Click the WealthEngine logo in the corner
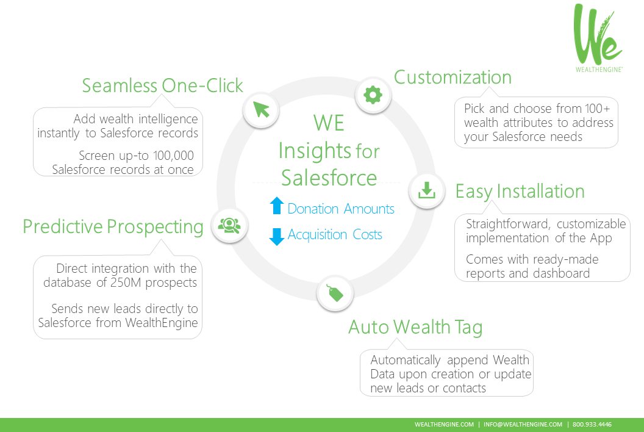(x=598, y=38)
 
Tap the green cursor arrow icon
(x=261, y=110)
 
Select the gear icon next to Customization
(x=373, y=95)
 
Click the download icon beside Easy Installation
(x=426, y=191)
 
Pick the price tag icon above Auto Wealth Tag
(x=335, y=293)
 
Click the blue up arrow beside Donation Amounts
(x=277, y=206)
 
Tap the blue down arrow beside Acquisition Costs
(x=277, y=236)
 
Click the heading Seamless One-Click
(x=163, y=85)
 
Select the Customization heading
(x=453, y=77)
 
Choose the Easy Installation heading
(x=520, y=192)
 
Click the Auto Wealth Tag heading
(x=415, y=328)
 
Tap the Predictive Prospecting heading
(x=113, y=227)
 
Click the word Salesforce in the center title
(x=329, y=178)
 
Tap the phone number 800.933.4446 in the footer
(x=592, y=425)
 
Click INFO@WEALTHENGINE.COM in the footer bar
(x=523, y=425)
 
